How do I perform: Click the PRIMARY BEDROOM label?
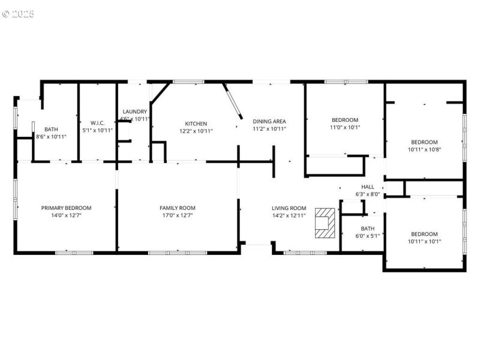[x=66, y=208]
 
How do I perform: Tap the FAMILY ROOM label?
[x=177, y=208]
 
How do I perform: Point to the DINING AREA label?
[x=269, y=121]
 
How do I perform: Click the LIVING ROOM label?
[x=289, y=208]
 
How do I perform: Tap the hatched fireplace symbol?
[x=325, y=223]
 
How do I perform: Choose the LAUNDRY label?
[x=134, y=112]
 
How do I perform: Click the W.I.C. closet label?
[x=97, y=123]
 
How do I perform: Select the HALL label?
[x=368, y=187]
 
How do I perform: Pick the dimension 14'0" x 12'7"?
[x=66, y=215]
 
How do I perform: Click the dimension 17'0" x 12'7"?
[x=177, y=215]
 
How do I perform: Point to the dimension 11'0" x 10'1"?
[x=345, y=127]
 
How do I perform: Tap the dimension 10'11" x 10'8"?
[x=424, y=149]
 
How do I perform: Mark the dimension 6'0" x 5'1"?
[x=368, y=236]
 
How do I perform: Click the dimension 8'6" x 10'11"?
[x=51, y=137]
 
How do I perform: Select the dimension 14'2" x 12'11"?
[x=289, y=215]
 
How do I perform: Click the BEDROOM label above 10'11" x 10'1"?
[x=424, y=234]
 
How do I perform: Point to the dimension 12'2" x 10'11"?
[x=196, y=130]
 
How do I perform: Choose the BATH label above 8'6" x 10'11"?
[x=51, y=129]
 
